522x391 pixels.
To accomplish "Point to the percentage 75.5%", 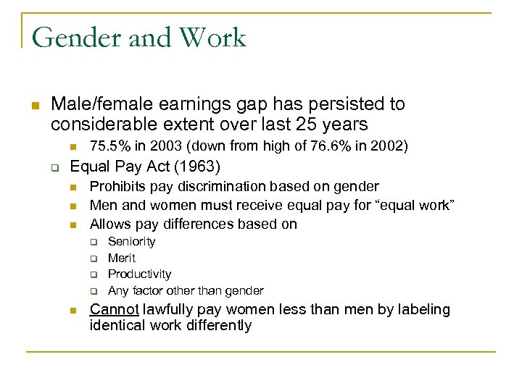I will pyautogui.click(x=107, y=146).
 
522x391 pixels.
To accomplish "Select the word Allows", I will pyautogui.click(x=110, y=224).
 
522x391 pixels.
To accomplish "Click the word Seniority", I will pyautogui.click(x=131, y=241).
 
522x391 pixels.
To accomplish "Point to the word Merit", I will pyautogui.click(x=121, y=258).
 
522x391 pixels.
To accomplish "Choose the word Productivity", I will pyautogui.click(x=139, y=274).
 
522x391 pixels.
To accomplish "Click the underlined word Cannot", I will pyautogui.click(x=114, y=310).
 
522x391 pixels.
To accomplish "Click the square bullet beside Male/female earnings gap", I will pyautogui.click(x=35, y=105).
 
